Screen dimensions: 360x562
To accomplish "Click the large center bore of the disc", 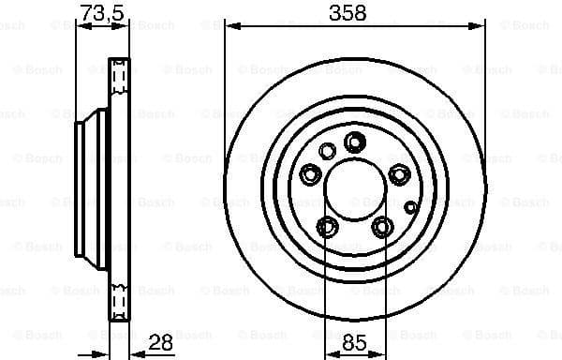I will (354, 187).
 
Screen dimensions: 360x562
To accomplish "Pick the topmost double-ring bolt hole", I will (354, 142).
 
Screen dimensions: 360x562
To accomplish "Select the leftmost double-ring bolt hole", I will (310, 173).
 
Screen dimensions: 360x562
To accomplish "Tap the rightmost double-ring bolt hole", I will (399, 173).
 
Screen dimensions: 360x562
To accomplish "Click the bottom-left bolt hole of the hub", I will (327, 226).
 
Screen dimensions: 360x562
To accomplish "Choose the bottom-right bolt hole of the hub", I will (381, 226).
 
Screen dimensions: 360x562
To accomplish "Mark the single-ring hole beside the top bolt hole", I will (327, 150).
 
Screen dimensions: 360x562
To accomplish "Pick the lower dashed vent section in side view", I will (120, 300).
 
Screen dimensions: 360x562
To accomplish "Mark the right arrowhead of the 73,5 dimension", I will (125, 27).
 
